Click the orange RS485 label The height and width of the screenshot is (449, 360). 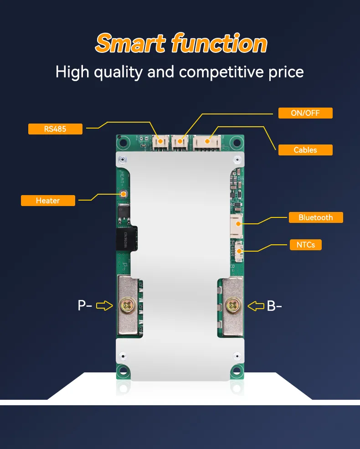[x=55, y=129]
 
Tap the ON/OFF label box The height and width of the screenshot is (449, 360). [x=305, y=113]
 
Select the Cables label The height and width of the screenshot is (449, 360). [x=305, y=150]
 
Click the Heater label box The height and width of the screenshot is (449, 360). [x=48, y=201]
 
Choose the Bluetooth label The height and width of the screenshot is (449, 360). [x=315, y=217]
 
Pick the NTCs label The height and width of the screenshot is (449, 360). [x=305, y=245]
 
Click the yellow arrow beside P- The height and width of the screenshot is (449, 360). [x=105, y=305]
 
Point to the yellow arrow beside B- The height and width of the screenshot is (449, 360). [x=256, y=305]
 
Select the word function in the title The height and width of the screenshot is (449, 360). [x=219, y=44]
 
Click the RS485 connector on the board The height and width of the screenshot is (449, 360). [x=160, y=142]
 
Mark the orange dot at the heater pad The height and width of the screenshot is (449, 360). [x=123, y=194]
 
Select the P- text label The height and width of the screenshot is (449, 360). [x=85, y=305]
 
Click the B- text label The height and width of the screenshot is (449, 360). [x=274, y=305]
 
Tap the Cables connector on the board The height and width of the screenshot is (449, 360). [x=207, y=142]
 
